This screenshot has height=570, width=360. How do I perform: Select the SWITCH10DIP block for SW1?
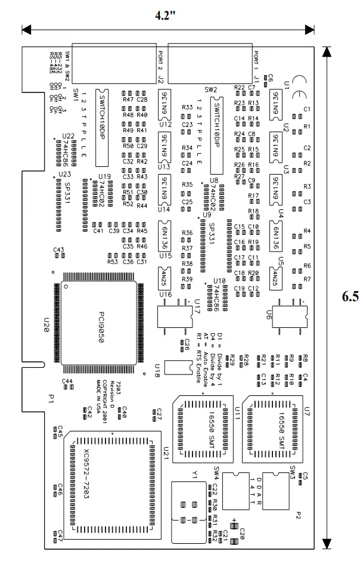coord(103,128)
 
